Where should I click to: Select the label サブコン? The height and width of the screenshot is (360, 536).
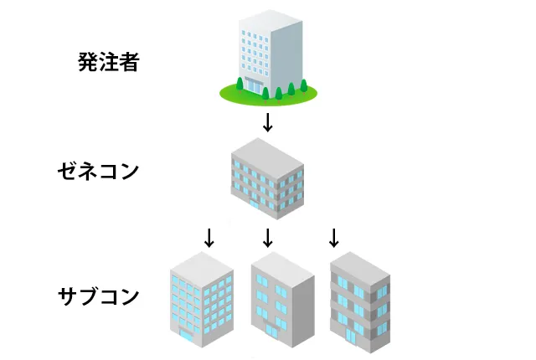pos(98,296)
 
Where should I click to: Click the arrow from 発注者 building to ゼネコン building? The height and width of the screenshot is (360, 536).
pos(268,122)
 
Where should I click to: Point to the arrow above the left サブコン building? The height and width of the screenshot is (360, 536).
pos(209,238)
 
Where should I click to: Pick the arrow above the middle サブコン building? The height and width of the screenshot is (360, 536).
pos(268,238)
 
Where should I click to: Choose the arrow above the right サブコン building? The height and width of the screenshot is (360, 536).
pos(333,238)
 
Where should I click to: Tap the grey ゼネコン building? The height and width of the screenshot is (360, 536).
pos(267,177)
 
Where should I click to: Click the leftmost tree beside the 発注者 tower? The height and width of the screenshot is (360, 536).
pos(240,84)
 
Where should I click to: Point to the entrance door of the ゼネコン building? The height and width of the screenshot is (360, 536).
pos(255,203)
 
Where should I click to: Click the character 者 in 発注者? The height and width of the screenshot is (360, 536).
pos(128,61)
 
